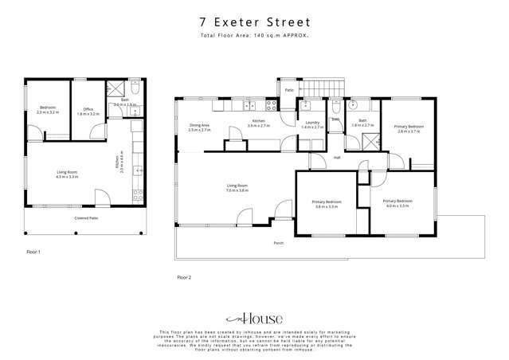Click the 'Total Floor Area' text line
tap(254, 38)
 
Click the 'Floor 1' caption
tap(33, 251)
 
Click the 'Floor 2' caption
tap(184, 277)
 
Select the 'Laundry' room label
tap(312, 123)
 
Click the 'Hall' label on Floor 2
tap(337, 158)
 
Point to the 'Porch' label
tap(278, 242)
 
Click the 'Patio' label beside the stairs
tap(290, 90)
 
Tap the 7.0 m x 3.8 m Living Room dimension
tap(237, 190)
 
